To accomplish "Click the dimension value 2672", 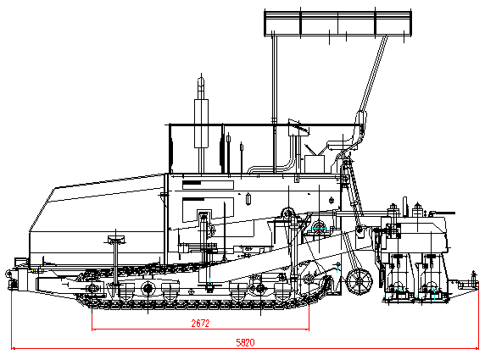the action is [x=200, y=324].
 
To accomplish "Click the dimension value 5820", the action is [x=245, y=342].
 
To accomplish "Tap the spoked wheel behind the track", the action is [x=359, y=281].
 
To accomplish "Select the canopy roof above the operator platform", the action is [x=337, y=22].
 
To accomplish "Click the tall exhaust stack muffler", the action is [x=201, y=123].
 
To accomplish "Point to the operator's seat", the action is [x=343, y=144].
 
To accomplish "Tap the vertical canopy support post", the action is [x=274, y=102].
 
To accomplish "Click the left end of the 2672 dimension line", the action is [x=92, y=330].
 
